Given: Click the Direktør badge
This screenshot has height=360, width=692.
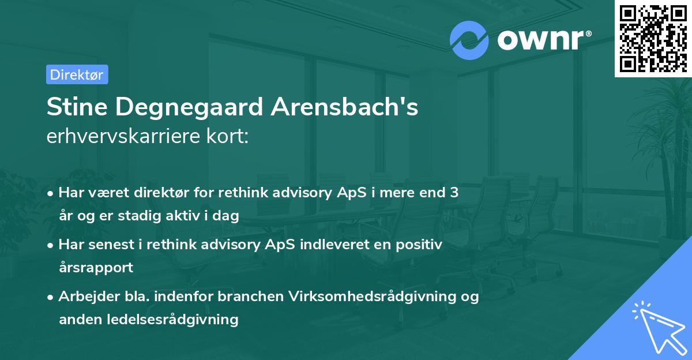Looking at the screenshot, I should [77, 74].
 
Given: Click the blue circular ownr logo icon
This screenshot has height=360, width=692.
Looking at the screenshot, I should [469, 40].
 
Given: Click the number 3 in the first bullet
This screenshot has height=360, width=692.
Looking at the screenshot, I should [454, 193].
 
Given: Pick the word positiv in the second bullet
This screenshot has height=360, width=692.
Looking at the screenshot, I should [420, 245].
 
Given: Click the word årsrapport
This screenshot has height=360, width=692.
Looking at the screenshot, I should [96, 267].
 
